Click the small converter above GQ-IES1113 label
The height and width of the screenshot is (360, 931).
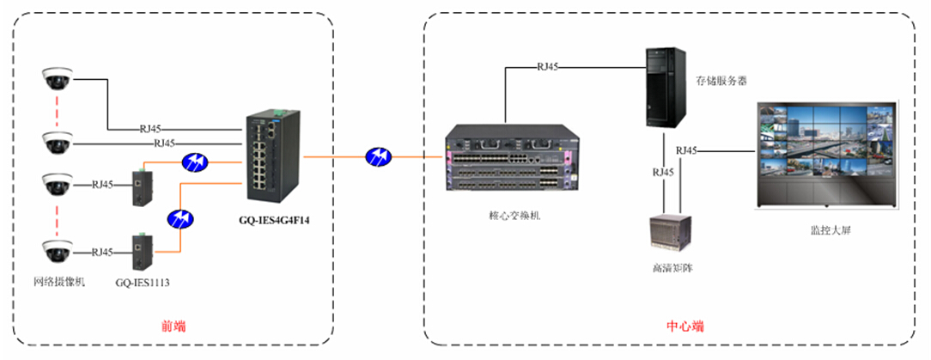[138, 251]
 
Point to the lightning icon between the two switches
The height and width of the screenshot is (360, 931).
[378, 156]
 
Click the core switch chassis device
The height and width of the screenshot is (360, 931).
[508, 164]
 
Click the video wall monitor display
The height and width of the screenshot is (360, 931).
[825, 156]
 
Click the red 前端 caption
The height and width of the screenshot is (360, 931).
[173, 326]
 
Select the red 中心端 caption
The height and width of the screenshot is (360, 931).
[685, 326]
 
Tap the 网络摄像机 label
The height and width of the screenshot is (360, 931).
[58, 282]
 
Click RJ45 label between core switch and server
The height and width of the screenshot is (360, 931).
[548, 66]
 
